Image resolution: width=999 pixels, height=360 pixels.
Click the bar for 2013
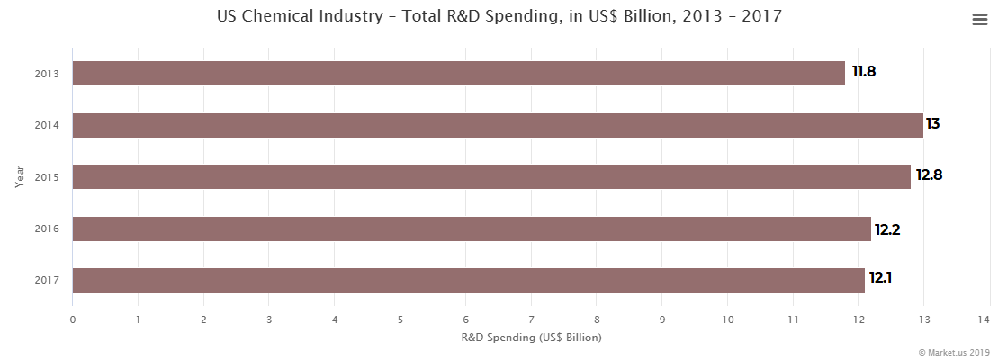point(459,74)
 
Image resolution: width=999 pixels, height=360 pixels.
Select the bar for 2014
point(498,125)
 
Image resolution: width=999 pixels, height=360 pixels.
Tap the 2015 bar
point(491,177)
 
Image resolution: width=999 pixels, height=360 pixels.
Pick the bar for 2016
point(472,229)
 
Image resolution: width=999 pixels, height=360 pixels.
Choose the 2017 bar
point(468,281)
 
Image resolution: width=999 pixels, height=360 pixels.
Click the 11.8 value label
point(864,72)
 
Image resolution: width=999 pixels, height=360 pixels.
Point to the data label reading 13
point(933,124)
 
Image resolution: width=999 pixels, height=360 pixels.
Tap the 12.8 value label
point(930,175)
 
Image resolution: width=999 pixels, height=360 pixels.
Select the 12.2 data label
point(887,229)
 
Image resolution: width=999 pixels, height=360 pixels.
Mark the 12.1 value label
point(881,281)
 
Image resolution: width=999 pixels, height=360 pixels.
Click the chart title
point(499,16)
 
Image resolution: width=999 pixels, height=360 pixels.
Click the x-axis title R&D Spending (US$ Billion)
point(531,337)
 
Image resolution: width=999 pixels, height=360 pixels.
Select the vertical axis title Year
point(19,176)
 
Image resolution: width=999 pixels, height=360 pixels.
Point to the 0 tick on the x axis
point(73,319)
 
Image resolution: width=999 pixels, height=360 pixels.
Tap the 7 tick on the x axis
point(531,319)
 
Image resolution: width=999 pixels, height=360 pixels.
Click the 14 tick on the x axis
point(989,319)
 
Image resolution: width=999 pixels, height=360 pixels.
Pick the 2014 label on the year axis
point(47,125)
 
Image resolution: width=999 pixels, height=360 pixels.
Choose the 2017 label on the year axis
point(47,281)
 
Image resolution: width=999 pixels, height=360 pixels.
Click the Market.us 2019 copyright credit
point(953,352)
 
